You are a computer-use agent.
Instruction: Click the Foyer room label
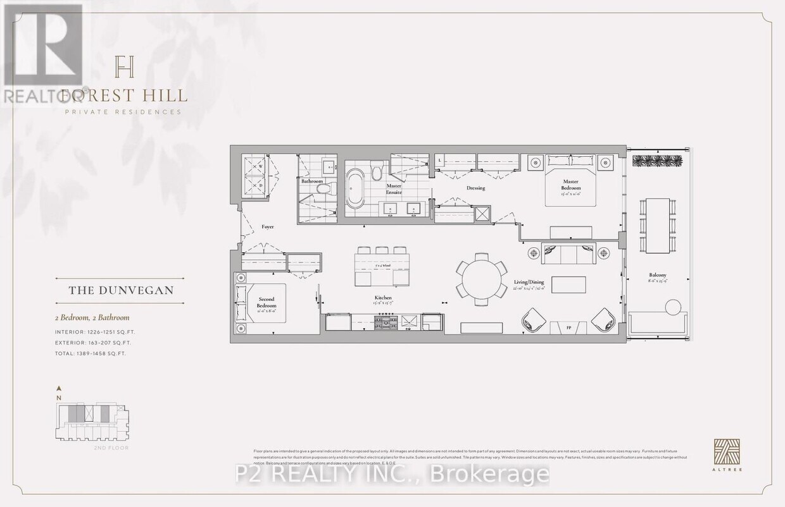(x=268, y=226)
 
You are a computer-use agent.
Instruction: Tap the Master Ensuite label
(x=395, y=188)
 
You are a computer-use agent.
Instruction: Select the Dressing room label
(x=475, y=188)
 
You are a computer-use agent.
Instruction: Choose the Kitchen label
(x=383, y=297)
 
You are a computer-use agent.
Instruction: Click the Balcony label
(x=657, y=275)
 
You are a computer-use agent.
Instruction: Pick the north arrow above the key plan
(x=59, y=388)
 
